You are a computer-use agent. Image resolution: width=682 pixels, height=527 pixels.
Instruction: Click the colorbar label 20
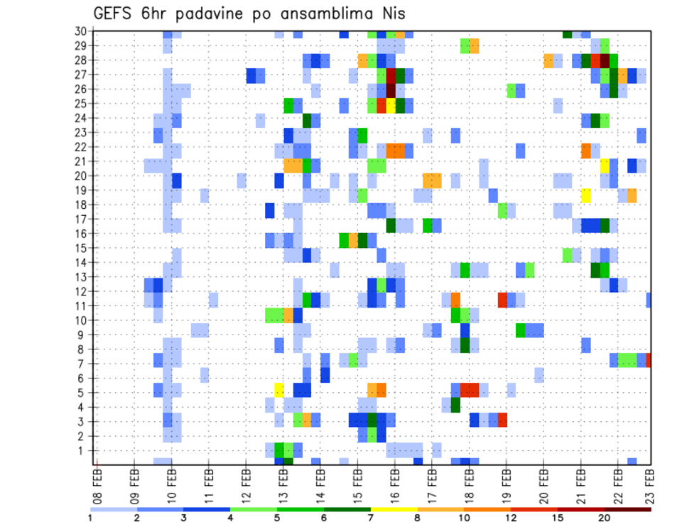point(605,518)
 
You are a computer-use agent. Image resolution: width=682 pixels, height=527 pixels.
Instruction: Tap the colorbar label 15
point(558,518)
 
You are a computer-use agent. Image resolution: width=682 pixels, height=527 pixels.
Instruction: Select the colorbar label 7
point(371,518)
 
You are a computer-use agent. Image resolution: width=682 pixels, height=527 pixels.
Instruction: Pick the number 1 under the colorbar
point(91,518)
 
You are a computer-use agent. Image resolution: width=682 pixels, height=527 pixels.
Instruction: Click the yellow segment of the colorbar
point(394,509)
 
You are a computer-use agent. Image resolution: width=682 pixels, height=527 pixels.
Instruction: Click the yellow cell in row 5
point(279,389)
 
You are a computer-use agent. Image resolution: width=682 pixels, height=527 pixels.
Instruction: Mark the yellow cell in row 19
point(586,195)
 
